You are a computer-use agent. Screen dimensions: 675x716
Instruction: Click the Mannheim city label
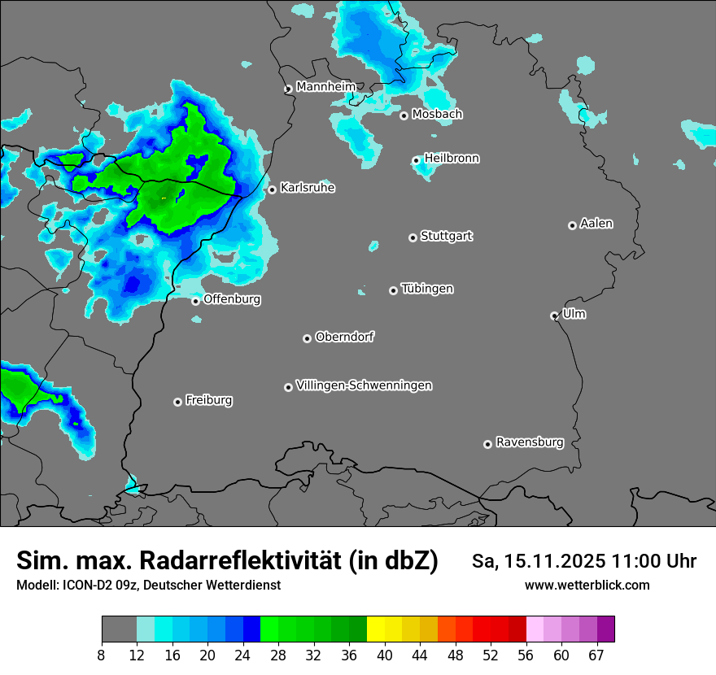pos(325,86)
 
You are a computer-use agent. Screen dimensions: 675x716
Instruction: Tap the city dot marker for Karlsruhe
pos(272,190)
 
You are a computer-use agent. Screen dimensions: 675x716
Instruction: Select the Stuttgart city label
pos(446,236)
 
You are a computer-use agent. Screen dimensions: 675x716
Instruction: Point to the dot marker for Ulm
pos(554,316)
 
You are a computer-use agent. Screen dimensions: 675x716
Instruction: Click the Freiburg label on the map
pos(208,400)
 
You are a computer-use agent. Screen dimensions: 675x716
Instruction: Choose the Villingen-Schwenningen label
pos(364,385)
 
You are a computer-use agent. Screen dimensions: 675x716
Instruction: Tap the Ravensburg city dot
pos(487,444)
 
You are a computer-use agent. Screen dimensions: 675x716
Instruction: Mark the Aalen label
pos(596,224)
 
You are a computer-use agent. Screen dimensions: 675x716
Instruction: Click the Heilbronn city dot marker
pos(416,160)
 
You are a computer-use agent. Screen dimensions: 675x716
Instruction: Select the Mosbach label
pos(437,115)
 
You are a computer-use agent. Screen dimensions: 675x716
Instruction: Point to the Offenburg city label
pos(232,299)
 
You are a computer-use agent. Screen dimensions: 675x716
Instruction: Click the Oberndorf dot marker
pos(307,338)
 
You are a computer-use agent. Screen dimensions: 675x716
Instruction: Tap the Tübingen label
pos(427,289)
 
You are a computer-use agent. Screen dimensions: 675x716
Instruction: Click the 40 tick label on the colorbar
pos(385,655)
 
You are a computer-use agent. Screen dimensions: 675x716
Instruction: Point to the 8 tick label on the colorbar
pos(102,655)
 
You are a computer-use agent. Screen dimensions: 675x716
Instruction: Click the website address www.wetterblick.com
pos(587,585)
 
